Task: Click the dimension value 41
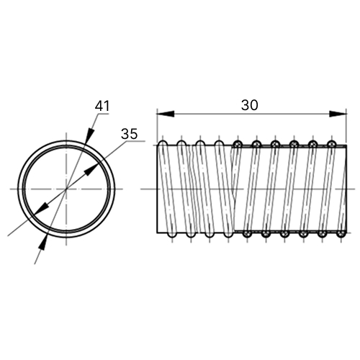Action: [x=102, y=106]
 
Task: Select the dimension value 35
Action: [x=130, y=134]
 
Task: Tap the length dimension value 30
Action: [x=250, y=105]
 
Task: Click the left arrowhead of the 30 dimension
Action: [x=166, y=114]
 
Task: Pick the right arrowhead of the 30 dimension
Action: [x=338, y=114]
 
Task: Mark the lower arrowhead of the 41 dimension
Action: [x=43, y=243]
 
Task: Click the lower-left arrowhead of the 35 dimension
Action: [x=41, y=209]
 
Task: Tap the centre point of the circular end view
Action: [x=66, y=189]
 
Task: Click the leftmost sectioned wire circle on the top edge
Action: [x=238, y=144]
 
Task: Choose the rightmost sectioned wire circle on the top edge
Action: [x=332, y=144]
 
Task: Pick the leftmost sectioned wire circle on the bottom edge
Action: [x=247, y=234]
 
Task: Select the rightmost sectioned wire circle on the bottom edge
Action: [x=341, y=234]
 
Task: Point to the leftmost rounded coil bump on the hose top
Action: [x=163, y=143]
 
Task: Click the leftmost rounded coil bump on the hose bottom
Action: [x=172, y=235]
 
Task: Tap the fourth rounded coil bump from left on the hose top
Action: [x=219, y=143]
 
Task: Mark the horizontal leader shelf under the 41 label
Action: [x=103, y=114]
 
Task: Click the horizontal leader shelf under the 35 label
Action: [x=136, y=142]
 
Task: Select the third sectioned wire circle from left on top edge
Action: [x=275, y=144]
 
